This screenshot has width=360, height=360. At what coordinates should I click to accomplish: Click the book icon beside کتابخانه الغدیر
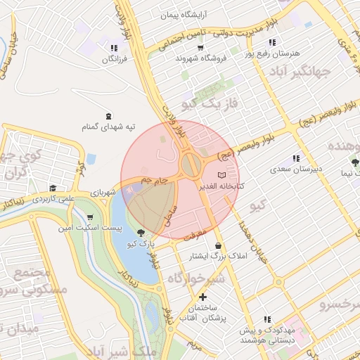tap(222, 174)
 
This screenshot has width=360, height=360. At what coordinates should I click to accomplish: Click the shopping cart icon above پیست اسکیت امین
tap(90, 217)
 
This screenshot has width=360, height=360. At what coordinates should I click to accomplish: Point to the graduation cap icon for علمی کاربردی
tap(53, 188)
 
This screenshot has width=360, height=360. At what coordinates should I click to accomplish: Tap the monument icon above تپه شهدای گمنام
tap(108, 115)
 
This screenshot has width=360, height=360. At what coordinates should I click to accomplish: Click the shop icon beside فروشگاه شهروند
tap(201, 48)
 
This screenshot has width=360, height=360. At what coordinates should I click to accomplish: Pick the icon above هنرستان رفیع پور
tap(272, 42)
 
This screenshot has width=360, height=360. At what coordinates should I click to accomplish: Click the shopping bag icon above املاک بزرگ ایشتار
tap(219, 246)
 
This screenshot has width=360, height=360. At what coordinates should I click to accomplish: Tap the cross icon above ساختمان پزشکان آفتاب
tap(203, 297)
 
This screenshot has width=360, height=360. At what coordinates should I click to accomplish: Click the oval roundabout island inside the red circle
tap(189, 166)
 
